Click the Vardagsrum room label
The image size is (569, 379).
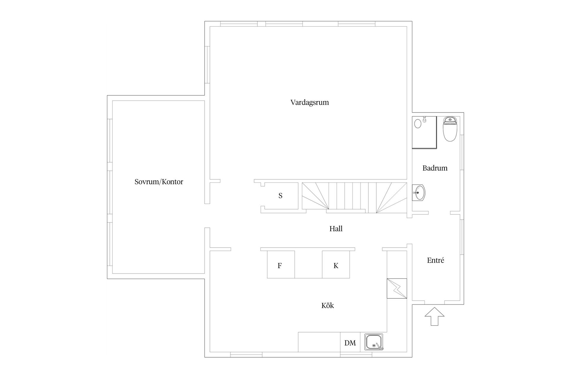(309, 102)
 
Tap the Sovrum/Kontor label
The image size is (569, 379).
(159, 182)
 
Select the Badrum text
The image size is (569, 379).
(435, 168)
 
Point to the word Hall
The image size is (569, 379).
(336, 229)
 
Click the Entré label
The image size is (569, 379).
(435, 260)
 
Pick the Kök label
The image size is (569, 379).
(327, 305)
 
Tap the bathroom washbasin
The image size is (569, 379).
(419, 192)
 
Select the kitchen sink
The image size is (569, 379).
(374, 342)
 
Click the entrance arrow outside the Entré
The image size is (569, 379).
(434, 317)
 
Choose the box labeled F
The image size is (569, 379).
(281, 264)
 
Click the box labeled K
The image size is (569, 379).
(336, 264)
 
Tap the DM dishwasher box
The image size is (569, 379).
(350, 343)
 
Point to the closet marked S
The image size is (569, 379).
(281, 196)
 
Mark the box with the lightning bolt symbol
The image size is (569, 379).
(397, 288)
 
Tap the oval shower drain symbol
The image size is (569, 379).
(418, 123)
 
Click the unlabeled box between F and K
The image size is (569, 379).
(308, 264)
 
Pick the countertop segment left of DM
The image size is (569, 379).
(319, 342)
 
